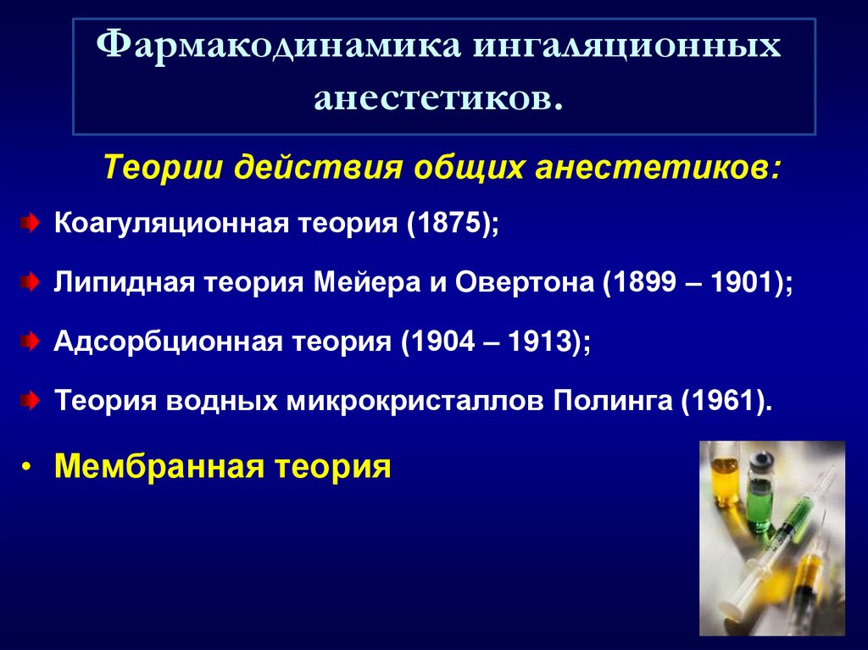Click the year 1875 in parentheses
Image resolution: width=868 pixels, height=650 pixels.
point(446,225)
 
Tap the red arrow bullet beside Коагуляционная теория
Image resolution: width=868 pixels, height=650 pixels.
point(30,225)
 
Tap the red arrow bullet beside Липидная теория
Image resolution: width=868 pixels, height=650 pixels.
point(30,283)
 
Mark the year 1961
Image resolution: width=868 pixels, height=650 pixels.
point(724,399)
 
